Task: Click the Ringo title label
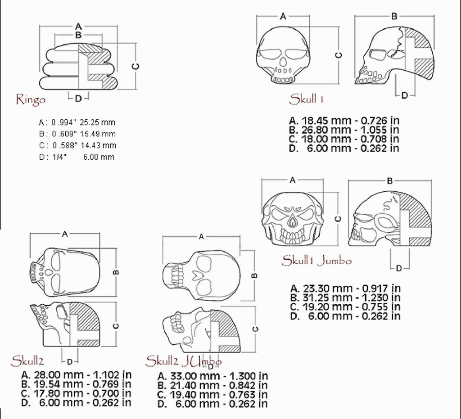31,100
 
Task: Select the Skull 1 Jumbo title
316,261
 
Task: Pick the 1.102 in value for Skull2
112,375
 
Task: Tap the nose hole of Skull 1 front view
283,62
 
